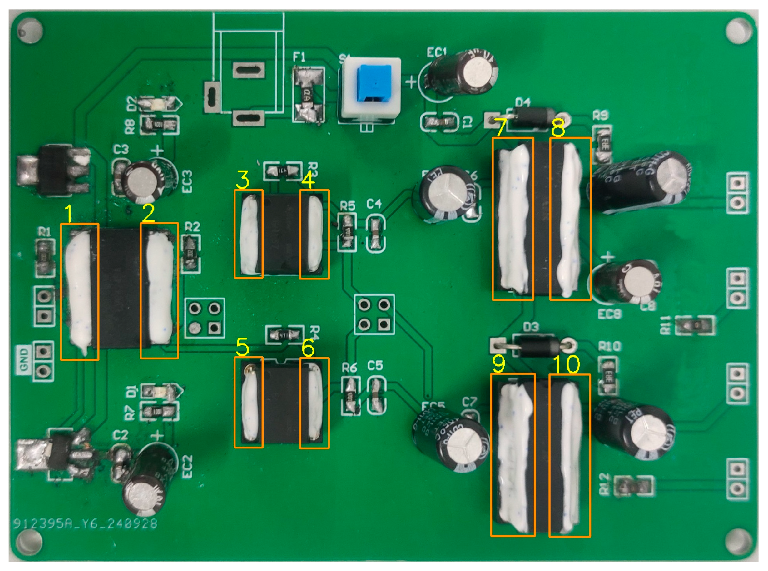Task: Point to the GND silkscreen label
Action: [24, 359]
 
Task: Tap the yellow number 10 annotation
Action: [566, 364]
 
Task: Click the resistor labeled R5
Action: [347, 232]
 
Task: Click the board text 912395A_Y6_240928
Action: [85, 523]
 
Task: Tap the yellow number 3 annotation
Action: [243, 180]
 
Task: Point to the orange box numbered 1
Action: [80, 292]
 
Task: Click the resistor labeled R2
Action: [191, 253]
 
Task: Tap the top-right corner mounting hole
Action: [739, 30]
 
